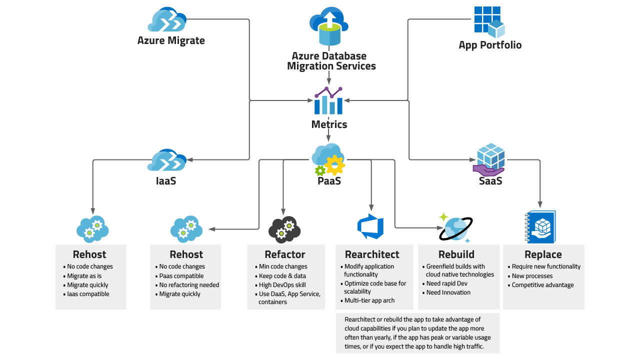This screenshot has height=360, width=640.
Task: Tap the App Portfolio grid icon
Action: [489, 22]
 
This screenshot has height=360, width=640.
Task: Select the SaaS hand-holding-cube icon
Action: [489, 159]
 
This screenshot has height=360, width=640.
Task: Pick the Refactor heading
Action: [284, 254]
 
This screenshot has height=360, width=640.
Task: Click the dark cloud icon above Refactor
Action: [284, 229]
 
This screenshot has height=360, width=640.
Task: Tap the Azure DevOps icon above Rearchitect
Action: [370, 226]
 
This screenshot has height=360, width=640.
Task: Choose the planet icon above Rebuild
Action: [455, 228]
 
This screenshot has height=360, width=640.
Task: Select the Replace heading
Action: [543, 254]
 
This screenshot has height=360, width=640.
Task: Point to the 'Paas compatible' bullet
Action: [181, 276]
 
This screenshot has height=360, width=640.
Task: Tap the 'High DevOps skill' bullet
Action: [282, 285]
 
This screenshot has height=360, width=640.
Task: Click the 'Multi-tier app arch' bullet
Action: [369, 300]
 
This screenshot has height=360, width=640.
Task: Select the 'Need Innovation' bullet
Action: [448, 292]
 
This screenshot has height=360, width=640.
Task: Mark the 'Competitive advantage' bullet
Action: [542, 285]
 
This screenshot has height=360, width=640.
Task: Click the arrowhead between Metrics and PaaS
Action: [329, 138]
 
